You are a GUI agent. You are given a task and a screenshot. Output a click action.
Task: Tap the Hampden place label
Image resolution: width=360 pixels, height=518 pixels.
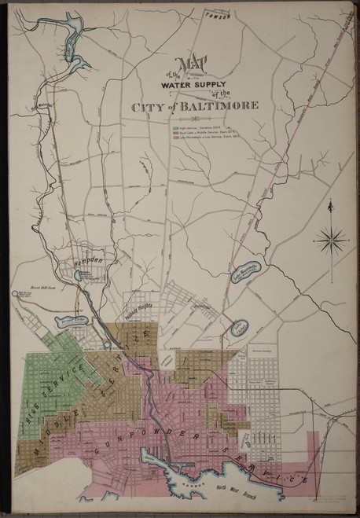tap(90, 259)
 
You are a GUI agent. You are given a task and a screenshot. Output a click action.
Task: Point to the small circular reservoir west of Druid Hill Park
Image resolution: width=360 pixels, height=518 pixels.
tap(17, 295)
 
